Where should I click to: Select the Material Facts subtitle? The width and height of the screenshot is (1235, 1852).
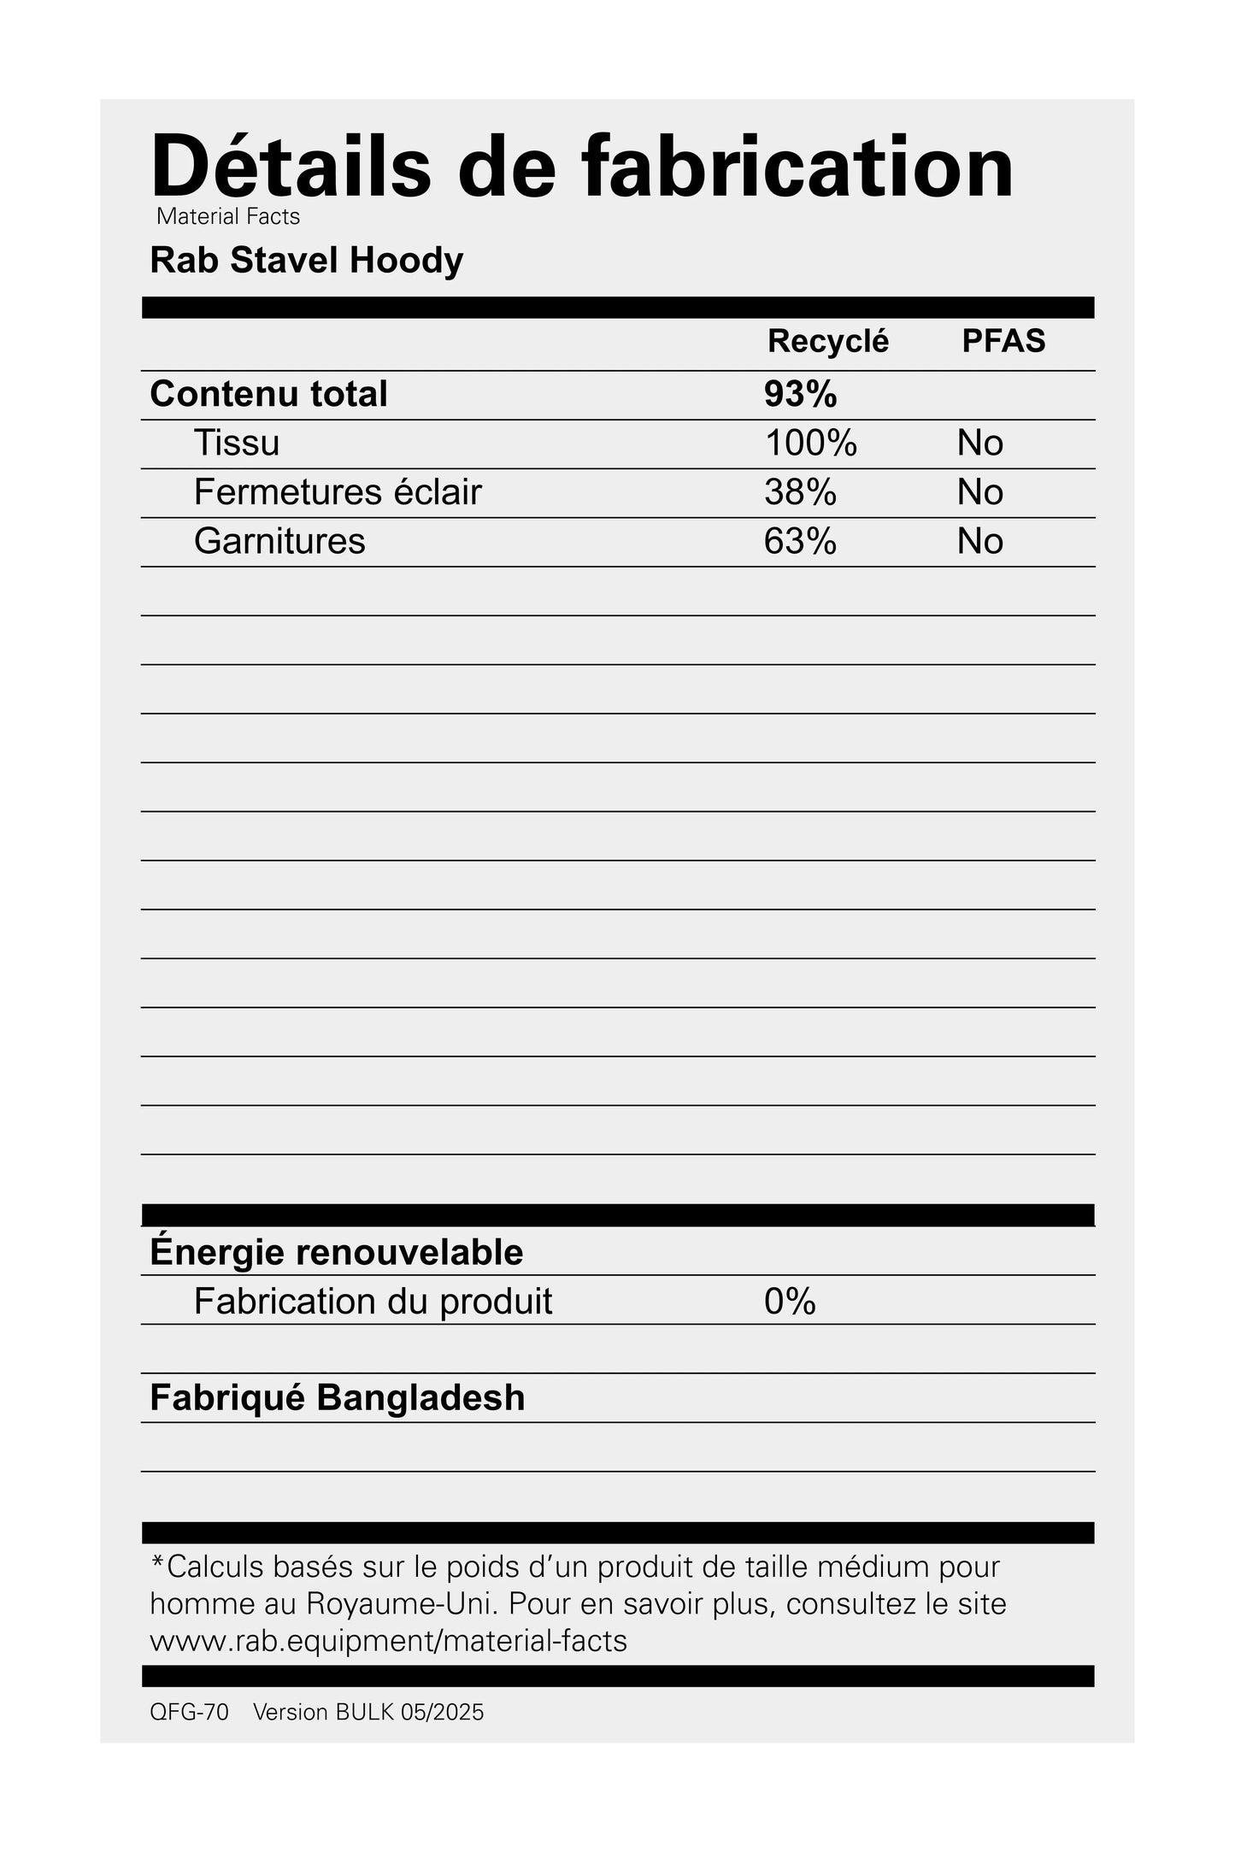tap(228, 217)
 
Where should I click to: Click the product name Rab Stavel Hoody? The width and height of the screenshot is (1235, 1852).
tap(306, 261)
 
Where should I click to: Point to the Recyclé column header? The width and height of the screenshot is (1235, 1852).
tap(827, 341)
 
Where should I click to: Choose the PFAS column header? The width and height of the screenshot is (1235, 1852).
tap(1003, 341)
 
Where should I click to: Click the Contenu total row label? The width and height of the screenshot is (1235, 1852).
tap(268, 394)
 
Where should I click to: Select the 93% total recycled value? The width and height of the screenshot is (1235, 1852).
tap(800, 394)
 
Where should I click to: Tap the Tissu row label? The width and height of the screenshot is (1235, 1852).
tap(237, 443)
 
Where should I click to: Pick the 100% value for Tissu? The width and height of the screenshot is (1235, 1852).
tap(810, 443)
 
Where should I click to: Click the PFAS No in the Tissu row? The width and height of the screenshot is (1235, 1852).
tap(979, 443)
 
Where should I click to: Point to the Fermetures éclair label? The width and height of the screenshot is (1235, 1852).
tap(338, 492)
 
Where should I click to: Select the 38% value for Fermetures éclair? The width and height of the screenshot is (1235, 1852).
tap(800, 492)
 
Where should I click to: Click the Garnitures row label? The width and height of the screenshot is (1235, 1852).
tap(279, 541)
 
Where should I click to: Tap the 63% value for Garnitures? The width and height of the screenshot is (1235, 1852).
tap(800, 541)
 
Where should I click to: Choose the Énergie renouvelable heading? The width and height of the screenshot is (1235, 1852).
tap(336, 1252)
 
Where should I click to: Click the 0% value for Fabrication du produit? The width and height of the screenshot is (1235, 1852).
tap(790, 1302)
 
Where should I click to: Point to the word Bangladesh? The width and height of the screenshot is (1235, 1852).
tap(420, 1398)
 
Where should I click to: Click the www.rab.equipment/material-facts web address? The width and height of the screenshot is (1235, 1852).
tap(388, 1641)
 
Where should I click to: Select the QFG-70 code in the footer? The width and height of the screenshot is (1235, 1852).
tap(189, 1713)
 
